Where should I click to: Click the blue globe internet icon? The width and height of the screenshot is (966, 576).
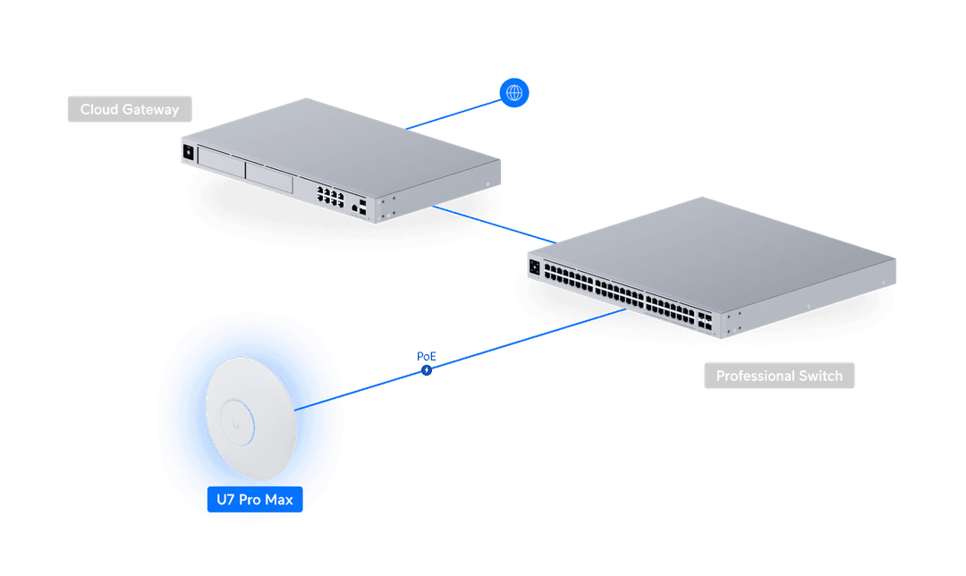[513, 92]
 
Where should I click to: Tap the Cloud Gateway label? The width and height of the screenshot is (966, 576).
[130, 109]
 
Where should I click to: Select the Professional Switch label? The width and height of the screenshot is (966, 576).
[779, 375]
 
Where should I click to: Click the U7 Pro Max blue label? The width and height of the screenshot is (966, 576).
[254, 499]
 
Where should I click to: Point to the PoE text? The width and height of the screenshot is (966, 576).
[427, 356]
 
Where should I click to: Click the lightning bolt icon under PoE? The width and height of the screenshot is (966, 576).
[427, 370]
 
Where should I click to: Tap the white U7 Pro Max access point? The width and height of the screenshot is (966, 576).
[250, 419]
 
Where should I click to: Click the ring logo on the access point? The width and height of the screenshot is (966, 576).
[236, 422]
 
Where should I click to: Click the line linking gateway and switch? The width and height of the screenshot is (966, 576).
[494, 224]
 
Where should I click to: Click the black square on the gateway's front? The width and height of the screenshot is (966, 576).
[189, 152]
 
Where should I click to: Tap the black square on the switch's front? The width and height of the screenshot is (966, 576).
[535, 267]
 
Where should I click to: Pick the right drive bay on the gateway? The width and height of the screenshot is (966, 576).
[269, 177]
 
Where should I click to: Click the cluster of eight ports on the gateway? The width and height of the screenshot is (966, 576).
[330, 197]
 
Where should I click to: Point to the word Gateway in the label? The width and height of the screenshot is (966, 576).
[150, 110]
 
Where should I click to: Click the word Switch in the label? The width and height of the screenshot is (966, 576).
[820, 376]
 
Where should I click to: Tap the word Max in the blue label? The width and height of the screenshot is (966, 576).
[279, 500]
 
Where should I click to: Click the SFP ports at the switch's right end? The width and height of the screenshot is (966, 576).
[705, 320]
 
